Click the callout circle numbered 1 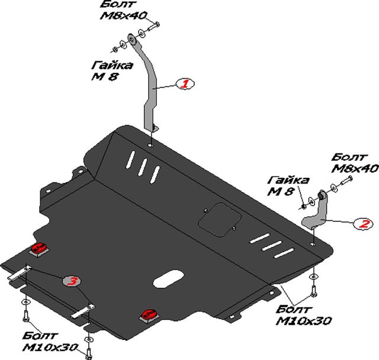[184, 85]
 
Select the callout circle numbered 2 [362, 224]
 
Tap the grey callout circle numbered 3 [72, 281]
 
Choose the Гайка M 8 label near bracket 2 [288, 185]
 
